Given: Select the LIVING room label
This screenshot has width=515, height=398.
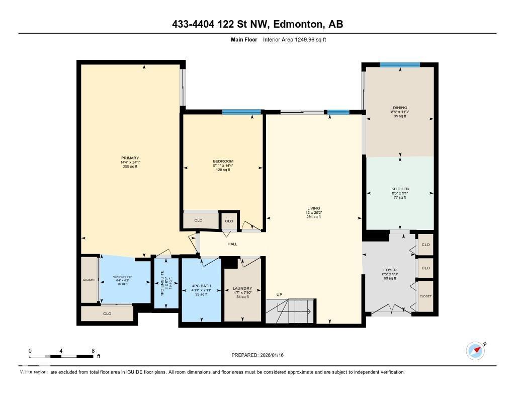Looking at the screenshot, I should click(x=314, y=208).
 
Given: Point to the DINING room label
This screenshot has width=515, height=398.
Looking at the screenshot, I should click(x=400, y=107).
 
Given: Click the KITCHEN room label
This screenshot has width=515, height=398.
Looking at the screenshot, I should click(x=400, y=189).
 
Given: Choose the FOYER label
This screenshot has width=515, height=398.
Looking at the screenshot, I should click(x=390, y=270).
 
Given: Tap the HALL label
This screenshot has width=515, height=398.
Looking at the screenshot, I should click(x=232, y=244).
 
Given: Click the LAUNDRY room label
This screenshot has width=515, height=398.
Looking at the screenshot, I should click(x=243, y=289).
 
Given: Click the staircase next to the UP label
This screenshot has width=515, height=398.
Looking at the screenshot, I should click(x=290, y=310).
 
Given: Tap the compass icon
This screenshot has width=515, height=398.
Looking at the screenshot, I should click(x=475, y=351).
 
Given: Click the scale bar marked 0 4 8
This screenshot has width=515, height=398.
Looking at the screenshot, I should click(x=61, y=356).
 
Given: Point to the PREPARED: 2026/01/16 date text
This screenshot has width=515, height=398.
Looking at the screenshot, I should click(x=261, y=355).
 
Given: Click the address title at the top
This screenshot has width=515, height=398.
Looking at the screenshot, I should click(x=257, y=24).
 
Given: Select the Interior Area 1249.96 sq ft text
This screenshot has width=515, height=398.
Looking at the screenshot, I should click(x=294, y=39).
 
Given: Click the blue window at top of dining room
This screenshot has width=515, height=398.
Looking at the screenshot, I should click(x=399, y=64).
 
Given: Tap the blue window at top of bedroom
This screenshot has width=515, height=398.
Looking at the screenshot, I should click(x=241, y=112).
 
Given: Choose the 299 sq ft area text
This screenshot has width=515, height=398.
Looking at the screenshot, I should click(x=130, y=167).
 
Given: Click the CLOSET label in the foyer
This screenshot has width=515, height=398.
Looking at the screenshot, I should click(x=425, y=296).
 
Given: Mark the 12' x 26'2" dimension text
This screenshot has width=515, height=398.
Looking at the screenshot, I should click(x=314, y=212).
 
